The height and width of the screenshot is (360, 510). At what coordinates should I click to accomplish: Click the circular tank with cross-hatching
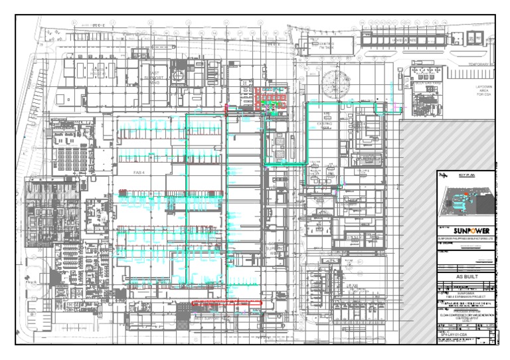tap(337, 84)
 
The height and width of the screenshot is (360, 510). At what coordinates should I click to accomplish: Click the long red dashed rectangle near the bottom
tap(226, 303)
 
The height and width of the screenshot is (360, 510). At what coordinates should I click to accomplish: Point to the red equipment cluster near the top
tap(270, 98)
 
